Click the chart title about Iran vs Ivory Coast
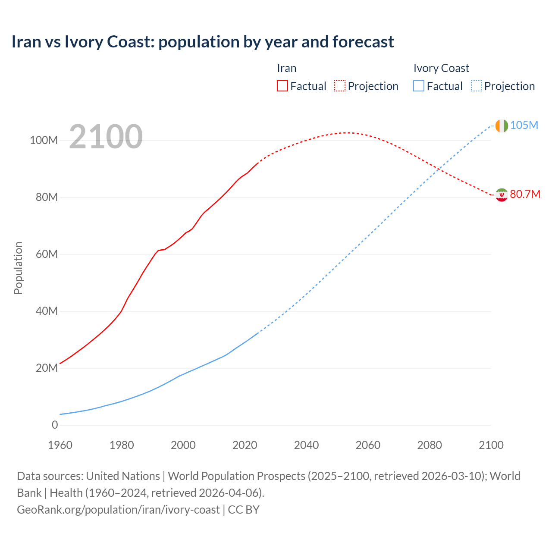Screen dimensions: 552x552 203,42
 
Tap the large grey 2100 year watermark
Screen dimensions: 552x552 106,137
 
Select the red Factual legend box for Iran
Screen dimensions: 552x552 282,86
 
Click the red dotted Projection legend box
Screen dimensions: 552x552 340,86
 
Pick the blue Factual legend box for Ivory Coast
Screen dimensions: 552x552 418,86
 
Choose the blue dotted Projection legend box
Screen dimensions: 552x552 476,86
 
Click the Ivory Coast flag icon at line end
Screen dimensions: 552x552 502,125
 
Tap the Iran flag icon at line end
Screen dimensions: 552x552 502,195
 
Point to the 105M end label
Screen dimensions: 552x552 524,125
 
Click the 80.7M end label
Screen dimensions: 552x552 525,194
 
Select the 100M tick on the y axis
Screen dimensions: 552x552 44,141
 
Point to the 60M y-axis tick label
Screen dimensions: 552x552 47,254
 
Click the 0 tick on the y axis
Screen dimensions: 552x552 55,425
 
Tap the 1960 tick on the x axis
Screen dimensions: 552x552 60,445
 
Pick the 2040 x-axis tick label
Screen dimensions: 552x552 306,445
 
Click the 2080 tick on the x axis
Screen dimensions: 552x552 430,445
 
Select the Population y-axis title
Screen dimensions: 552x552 18,268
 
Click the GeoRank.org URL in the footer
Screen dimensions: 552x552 118,510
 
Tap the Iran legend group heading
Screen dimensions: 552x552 286,68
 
